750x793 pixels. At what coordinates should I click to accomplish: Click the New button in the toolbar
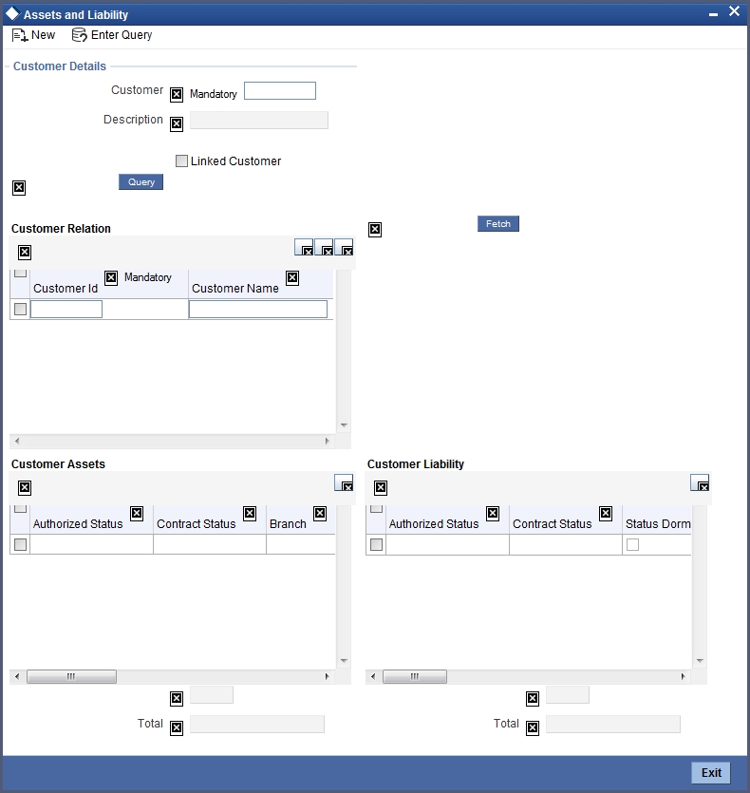click(34, 35)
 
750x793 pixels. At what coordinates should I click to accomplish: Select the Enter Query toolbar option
click(112, 35)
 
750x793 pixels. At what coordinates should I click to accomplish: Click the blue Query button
click(141, 181)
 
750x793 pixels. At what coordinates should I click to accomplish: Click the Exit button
click(711, 772)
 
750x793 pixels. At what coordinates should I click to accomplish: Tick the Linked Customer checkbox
click(182, 161)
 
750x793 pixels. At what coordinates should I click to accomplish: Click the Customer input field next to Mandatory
click(279, 91)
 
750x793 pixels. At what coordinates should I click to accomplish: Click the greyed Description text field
click(258, 121)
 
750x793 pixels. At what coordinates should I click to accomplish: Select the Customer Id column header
click(66, 288)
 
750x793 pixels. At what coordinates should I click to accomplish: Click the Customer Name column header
click(235, 288)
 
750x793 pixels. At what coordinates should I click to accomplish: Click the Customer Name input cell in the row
click(257, 309)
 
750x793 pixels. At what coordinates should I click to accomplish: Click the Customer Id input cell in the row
click(66, 309)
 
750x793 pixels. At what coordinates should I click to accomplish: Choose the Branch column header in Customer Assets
click(288, 523)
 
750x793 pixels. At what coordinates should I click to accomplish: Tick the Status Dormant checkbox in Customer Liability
click(632, 545)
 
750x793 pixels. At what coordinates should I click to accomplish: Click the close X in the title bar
click(734, 12)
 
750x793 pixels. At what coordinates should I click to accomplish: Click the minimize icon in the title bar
click(713, 13)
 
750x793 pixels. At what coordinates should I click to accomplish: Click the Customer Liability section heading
click(416, 464)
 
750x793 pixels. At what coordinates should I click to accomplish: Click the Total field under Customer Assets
click(256, 725)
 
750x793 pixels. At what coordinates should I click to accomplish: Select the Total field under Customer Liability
click(612, 725)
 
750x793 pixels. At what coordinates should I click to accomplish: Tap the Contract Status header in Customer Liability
click(552, 523)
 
